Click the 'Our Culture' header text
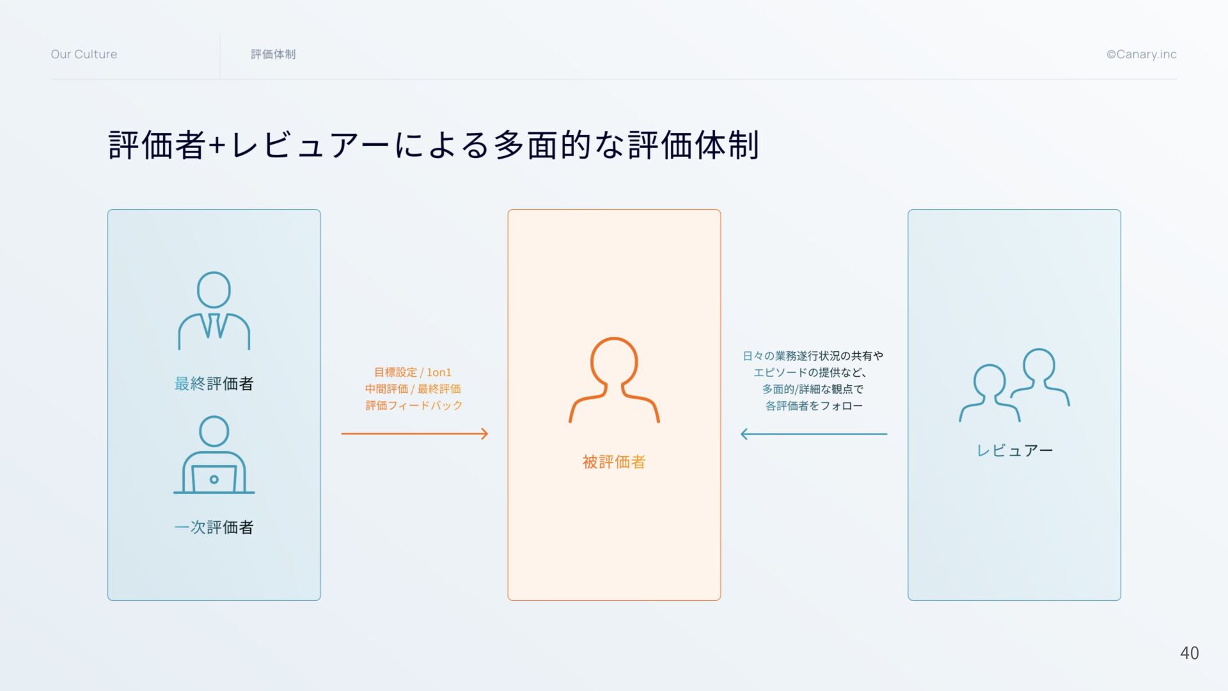pyautogui.click(x=84, y=54)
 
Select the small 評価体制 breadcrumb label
pyautogui.click(x=273, y=54)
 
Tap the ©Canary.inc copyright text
pyautogui.click(x=1141, y=54)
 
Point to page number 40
pyautogui.click(x=1189, y=653)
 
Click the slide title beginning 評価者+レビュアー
pyautogui.click(x=434, y=145)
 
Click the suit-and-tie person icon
pyautogui.click(x=214, y=311)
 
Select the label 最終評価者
pyautogui.click(x=214, y=383)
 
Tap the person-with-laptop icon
pyautogui.click(x=214, y=455)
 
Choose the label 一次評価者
pyautogui.click(x=214, y=527)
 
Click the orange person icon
pyautogui.click(x=614, y=380)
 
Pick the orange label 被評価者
pyautogui.click(x=614, y=462)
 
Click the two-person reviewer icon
pyautogui.click(x=1014, y=385)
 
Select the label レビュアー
pyautogui.click(x=1014, y=450)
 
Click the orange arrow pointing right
pyautogui.click(x=414, y=434)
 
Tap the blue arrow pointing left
pyautogui.click(x=814, y=434)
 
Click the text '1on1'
pyautogui.click(x=439, y=372)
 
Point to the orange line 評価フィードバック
pyautogui.click(x=414, y=406)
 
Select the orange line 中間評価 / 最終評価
pyautogui.click(x=413, y=389)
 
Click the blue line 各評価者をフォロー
pyautogui.click(x=814, y=406)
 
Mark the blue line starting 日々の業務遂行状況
pyautogui.click(x=813, y=356)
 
